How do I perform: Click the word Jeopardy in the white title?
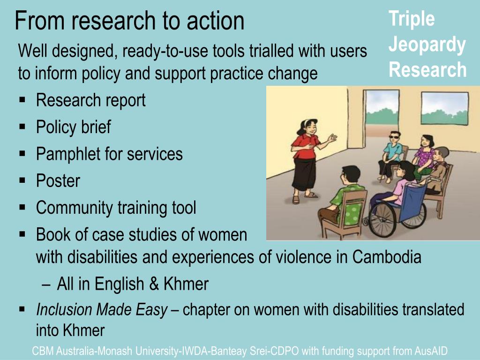point(427,45)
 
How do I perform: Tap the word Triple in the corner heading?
point(412,19)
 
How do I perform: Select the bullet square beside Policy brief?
point(22,126)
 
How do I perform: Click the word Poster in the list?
point(58,180)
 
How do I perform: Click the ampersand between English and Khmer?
point(154,284)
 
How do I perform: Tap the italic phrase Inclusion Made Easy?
point(102,310)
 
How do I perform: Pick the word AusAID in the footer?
point(431,351)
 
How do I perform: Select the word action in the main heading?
point(215,21)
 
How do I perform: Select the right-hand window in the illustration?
point(445,108)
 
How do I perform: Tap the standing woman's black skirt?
point(303,174)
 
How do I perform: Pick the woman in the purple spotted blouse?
point(424,156)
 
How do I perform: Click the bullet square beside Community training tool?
point(22,207)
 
